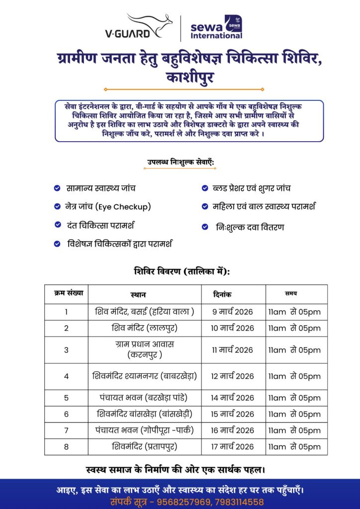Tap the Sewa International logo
[217, 28]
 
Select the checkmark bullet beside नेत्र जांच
[58, 206]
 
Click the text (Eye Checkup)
[124, 206]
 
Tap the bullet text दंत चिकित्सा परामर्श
[107, 225]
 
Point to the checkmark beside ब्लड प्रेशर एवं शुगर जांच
[204, 188]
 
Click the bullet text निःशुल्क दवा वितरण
[250, 227]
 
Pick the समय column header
[291, 294]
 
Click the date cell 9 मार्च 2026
[232, 312]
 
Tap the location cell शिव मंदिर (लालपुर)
[144, 328]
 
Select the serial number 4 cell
[66, 376]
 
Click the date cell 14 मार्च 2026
[232, 398]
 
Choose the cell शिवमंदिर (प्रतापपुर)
[145, 446]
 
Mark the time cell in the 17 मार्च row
[294, 447]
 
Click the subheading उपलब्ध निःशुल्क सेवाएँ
[180, 162]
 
